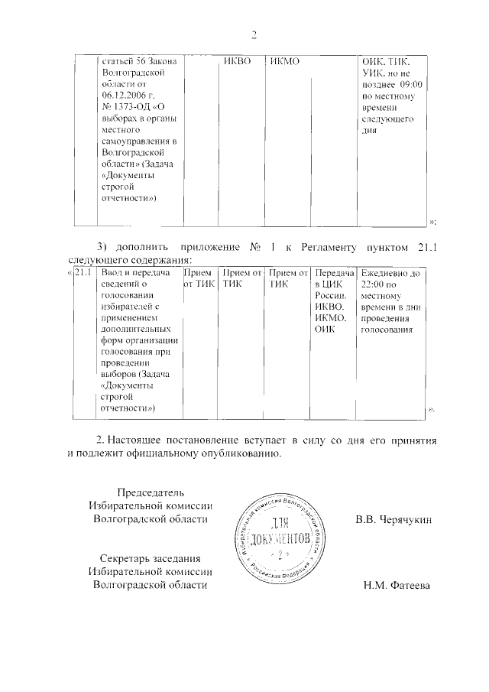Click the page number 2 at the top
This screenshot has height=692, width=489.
(x=254, y=34)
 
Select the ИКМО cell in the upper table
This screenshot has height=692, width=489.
(x=283, y=61)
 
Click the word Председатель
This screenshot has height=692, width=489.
(x=150, y=491)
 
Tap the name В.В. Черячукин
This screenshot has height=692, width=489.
(x=393, y=519)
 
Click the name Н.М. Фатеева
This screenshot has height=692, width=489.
(x=397, y=586)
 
